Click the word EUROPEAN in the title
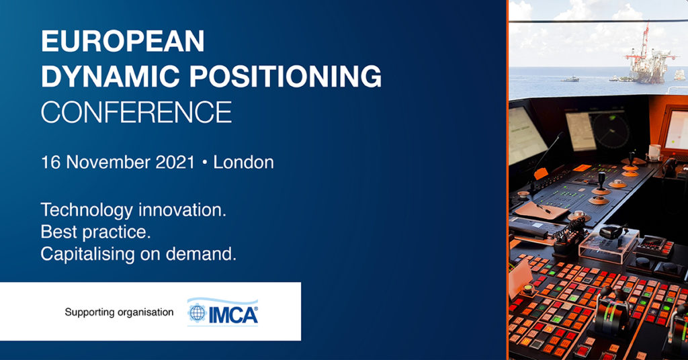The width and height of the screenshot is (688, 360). [x=123, y=41]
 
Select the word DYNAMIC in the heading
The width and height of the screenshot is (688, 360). [x=111, y=76]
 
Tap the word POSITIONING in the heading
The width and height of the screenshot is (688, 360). [x=285, y=76]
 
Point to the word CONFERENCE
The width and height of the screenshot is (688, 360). [x=136, y=111]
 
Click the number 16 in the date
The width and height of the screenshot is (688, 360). [x=50, y=163]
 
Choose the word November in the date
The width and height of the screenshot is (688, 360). [x=108, y=163]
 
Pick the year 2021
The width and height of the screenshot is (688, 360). [x=175, y=163]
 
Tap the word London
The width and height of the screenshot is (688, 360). [x=243, y=163]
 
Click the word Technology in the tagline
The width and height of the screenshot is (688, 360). [x=87, y=210]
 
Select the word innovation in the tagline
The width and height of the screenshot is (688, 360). [x=183, y=210]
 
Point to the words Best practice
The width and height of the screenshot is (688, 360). [x=95, y=232]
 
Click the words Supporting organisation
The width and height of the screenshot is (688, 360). [x=119, y=312]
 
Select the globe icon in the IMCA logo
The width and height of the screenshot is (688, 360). [x=198, y=313]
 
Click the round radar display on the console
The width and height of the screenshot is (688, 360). [x=610, y=130]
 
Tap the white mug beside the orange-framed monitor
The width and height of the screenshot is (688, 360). [x=654, y=152]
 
